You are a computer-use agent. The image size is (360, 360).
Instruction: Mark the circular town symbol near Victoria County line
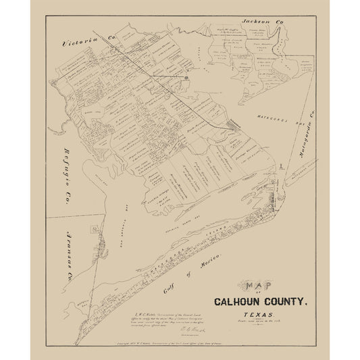point(185,78)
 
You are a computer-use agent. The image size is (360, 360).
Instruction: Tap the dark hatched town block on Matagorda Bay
point(235,126)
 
